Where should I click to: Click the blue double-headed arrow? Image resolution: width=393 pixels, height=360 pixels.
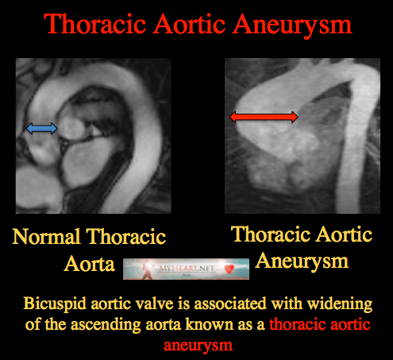click(41, 129)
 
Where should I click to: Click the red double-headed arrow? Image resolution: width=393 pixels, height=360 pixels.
click(264, 117)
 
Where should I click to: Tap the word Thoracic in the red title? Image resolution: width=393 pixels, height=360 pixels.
click(94, 24)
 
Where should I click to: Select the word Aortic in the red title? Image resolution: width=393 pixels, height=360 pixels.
click(189, 24)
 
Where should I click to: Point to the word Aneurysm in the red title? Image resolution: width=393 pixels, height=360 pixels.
click(292, 25)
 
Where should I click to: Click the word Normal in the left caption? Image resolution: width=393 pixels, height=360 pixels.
click(46, 237)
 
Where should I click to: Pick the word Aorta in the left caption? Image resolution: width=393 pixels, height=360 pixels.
click(90, 264)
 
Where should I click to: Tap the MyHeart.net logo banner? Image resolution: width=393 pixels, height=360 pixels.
click(186, 269)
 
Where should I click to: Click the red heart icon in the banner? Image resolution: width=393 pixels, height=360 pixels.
click(229, 269)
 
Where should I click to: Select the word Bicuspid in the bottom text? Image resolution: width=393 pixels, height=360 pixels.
click(55, 304)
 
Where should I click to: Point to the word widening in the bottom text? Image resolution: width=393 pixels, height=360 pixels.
click(340, 304)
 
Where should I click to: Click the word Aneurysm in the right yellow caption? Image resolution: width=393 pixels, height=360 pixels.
click(302, 262)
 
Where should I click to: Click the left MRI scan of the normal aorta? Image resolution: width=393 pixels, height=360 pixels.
click(94, 136)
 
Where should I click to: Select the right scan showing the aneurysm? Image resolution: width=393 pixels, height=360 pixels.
click(302, 136)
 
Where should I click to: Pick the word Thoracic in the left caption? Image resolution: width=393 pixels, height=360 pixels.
click(126, 237)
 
